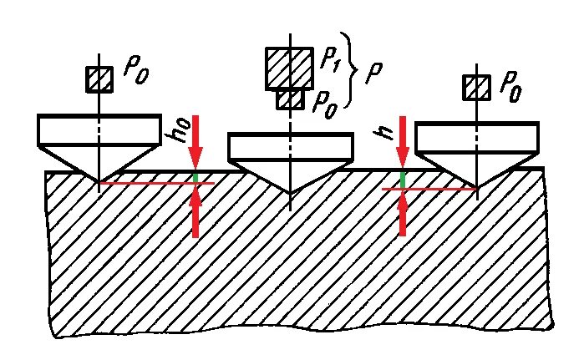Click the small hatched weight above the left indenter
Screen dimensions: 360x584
pos(99,79)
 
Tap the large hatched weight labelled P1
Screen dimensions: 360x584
pos(289,68)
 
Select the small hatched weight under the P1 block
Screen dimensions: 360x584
pos(289,99)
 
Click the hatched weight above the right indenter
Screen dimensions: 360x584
pos(476,86)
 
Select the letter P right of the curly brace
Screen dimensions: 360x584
pos(376,72)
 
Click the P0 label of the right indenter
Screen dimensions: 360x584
pos(511,85)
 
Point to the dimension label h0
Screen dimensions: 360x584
pos(182,133)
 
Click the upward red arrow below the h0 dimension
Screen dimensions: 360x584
pos(196,212)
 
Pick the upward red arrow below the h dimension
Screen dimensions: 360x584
pos(403,212)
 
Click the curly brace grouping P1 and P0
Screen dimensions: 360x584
pos(354,74)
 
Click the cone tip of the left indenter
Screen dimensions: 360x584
pos(99,181)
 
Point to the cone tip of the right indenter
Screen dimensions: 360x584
pos(476,187)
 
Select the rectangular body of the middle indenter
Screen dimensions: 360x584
pos(289,145)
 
